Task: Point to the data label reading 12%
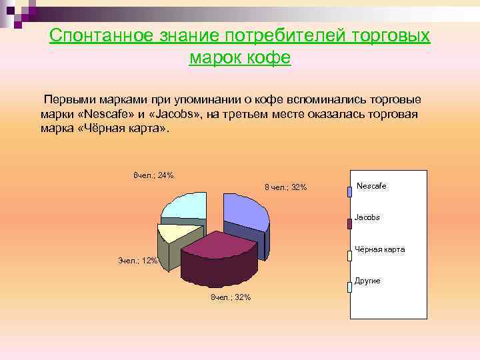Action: tap(137, 261)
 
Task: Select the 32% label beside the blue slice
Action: tap(285, 187)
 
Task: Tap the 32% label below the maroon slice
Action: tap(231, 297)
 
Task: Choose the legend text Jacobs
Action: tap(367, 217)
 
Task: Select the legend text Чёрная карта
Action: tap(379, 249)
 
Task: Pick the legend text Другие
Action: tap(367, 281)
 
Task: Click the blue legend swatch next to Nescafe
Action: tap(349, 192)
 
